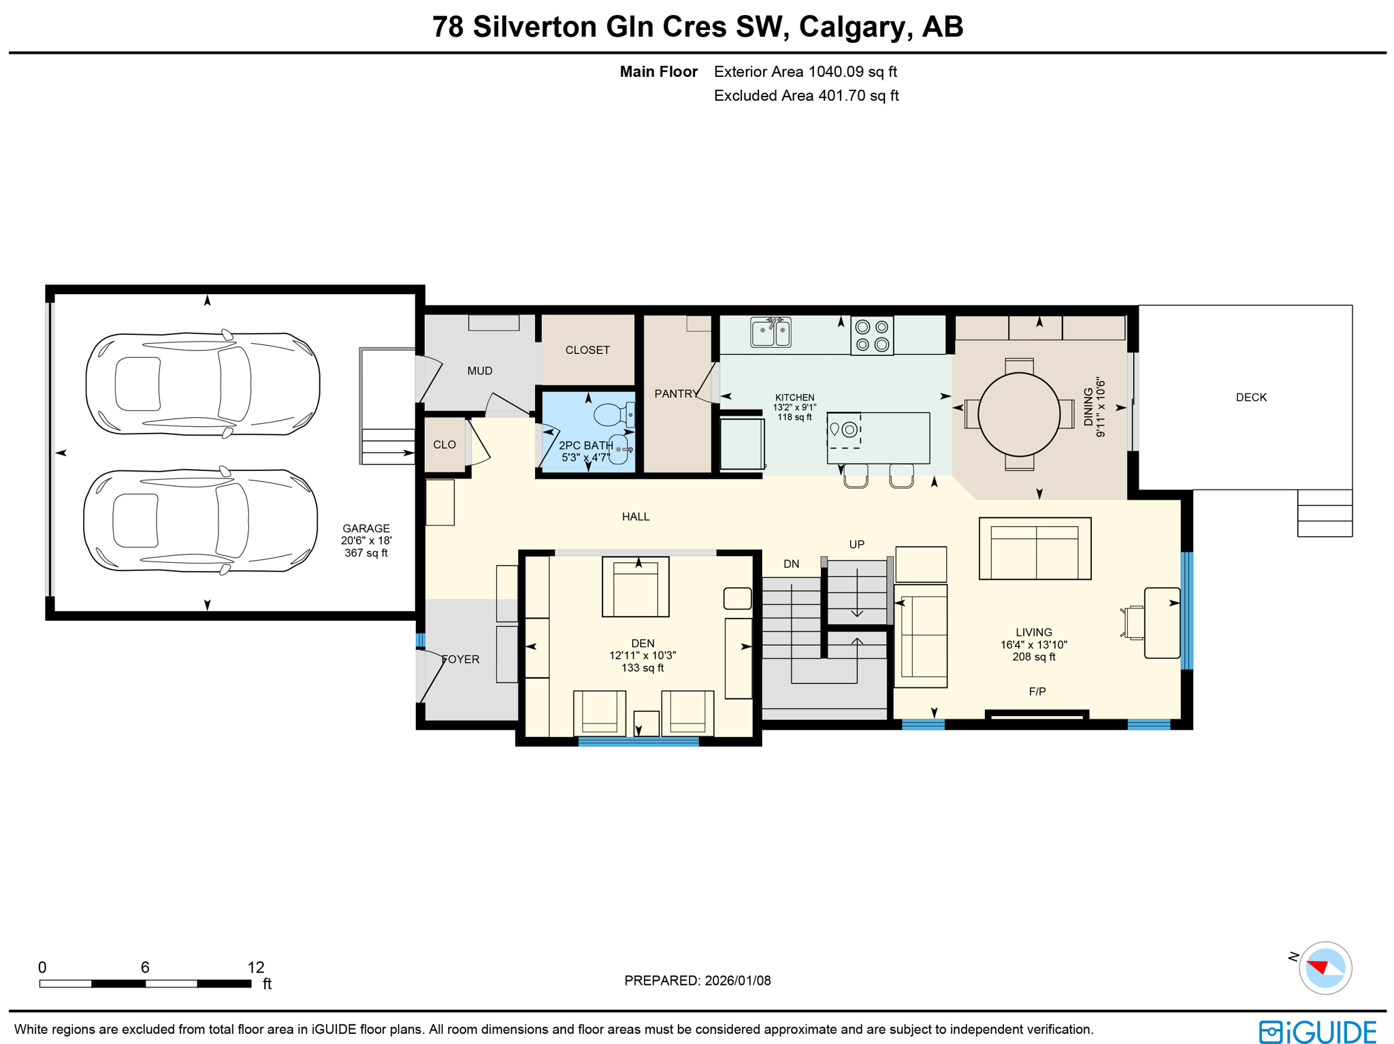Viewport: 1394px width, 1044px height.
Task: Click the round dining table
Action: [x=1018, y=414]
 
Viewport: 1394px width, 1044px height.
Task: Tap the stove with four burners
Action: [x=871, y=336]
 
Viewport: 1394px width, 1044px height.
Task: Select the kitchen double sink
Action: [x=771, y=333]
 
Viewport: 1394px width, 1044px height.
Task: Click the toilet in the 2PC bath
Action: [x=612, y=414]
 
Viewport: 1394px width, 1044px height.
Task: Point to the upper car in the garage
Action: [x=203, y=384]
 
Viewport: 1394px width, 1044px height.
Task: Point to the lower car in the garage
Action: [x=201, y=521]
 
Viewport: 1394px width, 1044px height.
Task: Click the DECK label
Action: [x=1251, y=397]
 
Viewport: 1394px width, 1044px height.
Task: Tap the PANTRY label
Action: [x=675, y=393]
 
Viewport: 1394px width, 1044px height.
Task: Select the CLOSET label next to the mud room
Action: [x=587, y=350]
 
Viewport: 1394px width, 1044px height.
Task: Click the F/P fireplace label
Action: [x=1037, y=691]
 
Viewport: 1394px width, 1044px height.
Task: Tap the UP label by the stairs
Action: [x=856, y=544]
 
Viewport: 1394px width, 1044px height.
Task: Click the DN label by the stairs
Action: [x=791, y=564]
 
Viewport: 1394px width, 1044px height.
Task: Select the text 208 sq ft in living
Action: [x=1033, y=657]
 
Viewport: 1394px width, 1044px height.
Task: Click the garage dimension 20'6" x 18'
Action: [x=366, y=540]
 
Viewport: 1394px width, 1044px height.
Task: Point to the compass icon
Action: [x=1325, y=967]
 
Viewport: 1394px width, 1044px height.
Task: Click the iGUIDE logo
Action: [x=1318, y=1031]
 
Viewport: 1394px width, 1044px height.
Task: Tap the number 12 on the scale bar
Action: [x=255, y=967]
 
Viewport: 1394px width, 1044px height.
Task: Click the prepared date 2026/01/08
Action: [x=737, y=981]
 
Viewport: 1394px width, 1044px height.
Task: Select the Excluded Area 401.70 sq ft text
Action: [x=806, y=96]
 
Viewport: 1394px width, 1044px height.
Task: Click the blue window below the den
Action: [x=638, y=742]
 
